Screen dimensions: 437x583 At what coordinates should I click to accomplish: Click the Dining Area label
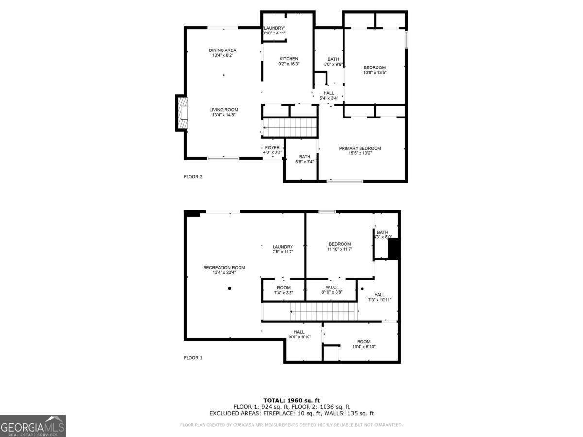223,50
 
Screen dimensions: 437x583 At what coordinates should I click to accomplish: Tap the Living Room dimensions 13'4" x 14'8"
224,115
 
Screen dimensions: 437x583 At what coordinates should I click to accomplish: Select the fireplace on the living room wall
182,113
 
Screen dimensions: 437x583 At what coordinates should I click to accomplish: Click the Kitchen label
289,59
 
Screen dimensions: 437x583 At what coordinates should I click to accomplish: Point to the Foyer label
272,147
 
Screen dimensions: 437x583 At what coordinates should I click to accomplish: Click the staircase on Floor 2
291,128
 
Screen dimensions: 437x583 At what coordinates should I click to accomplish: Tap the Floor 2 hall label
329,93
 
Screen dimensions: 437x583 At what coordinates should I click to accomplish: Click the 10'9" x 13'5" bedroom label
375,67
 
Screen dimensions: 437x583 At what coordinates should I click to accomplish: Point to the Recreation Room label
224,268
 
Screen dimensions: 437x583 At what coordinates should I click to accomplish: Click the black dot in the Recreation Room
230,288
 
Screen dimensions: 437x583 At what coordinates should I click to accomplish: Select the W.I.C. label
332,287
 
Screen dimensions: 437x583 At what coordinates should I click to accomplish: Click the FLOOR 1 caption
193,358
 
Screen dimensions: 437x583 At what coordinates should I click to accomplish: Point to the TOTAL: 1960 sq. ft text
291,400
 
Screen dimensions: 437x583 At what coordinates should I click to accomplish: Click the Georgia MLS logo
33,426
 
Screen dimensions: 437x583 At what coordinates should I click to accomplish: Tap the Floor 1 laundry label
282,247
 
